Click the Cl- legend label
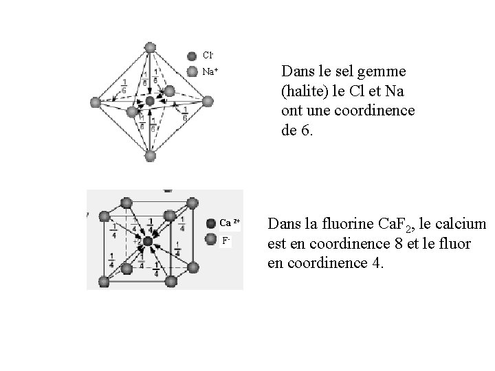point(207,56)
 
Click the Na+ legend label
point(209,71)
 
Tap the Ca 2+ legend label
point(229,223)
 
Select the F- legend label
point(226,240)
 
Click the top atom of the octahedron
point(150,47)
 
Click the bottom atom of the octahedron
point(150,157)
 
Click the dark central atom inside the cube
point(147,240)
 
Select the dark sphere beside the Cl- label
point(192,56)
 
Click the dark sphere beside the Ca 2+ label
point(212,223)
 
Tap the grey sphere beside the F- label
point(212,240)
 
